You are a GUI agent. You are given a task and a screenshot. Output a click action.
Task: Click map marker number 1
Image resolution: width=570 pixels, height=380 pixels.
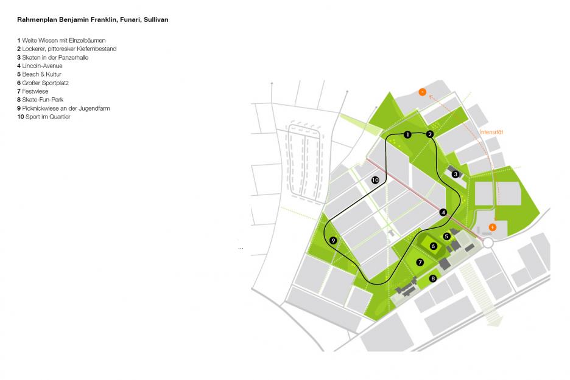[408, 134]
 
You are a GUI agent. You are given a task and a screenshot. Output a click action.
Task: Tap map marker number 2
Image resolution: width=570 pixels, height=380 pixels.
[430, 134]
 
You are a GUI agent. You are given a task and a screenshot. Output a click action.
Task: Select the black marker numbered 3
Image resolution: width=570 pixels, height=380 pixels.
[456, 174]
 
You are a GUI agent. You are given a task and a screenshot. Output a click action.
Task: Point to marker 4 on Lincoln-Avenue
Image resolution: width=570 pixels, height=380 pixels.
[443, 212]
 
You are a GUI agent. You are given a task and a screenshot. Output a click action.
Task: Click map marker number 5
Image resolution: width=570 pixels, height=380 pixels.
[446, 236]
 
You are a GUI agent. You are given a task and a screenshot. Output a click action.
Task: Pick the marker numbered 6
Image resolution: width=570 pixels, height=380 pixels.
[434, 246]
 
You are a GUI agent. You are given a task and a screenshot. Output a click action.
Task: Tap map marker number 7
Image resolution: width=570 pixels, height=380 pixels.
[420, 262]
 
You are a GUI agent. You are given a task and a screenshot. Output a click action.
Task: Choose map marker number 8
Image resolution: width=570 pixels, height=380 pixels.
[434, 278]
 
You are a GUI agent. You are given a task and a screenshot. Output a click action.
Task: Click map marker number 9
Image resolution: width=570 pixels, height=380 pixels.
[333, 241]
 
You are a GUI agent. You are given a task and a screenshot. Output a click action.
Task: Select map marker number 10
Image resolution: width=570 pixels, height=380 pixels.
[375, 180]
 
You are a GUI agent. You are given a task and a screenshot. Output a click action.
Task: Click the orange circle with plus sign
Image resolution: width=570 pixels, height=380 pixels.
[493, 227]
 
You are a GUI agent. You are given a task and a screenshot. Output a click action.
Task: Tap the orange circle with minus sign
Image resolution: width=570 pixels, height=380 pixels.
[422, 92]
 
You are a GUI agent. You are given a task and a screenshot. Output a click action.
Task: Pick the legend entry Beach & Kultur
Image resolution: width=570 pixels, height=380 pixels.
[40, 74]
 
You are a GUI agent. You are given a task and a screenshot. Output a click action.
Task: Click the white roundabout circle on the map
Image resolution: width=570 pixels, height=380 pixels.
[488, 243]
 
